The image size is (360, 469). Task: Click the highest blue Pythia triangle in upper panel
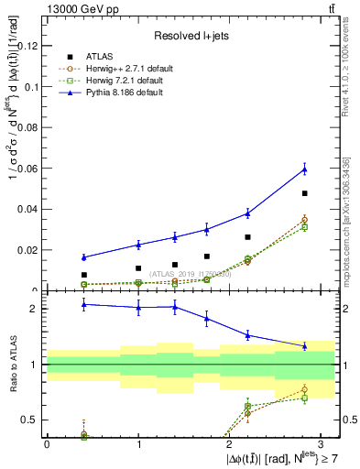pyautogui.click(x=304, y=169)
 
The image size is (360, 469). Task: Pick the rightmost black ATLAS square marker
pyautogui.click(x=304, y=193)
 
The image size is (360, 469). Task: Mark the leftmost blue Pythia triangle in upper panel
pyautogui.click(x=84, y=257)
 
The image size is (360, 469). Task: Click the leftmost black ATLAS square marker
pyautogui.click(x=84, y=275)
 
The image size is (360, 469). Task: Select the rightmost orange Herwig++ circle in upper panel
pyautogui.click(x=304, y=220)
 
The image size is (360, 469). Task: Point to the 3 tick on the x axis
pyautogui.click(x=321, y=443)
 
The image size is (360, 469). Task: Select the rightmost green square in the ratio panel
pyautogui.click(x=304, y=398)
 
